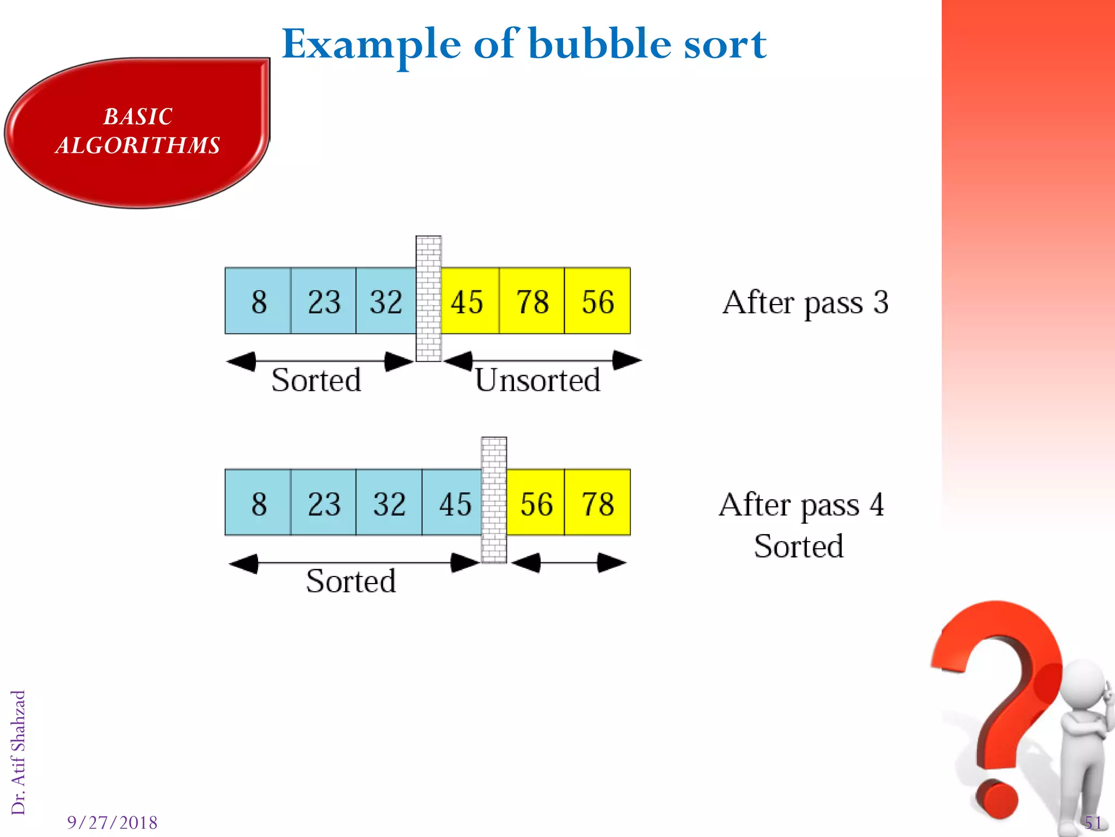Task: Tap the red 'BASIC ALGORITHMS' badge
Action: (138, 132)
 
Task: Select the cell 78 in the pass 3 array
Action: (532, 301)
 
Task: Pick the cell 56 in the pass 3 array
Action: (597, 301)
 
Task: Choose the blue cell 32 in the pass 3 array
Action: (385, 301)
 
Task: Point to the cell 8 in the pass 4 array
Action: (259, 503)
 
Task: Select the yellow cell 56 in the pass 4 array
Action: (536, 503)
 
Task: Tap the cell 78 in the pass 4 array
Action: (597, 503)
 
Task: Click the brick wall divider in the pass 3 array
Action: (428, 299)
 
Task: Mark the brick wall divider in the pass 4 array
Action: (494, 500)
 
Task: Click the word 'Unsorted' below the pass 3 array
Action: (537, 380)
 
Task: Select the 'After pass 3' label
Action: (805, 302)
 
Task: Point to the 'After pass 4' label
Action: (801, 505)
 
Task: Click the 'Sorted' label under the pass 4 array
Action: (351, 581)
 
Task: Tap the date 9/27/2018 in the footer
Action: (112, 822)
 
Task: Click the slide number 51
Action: (1093, 822)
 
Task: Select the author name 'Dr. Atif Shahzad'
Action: (19, 752)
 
